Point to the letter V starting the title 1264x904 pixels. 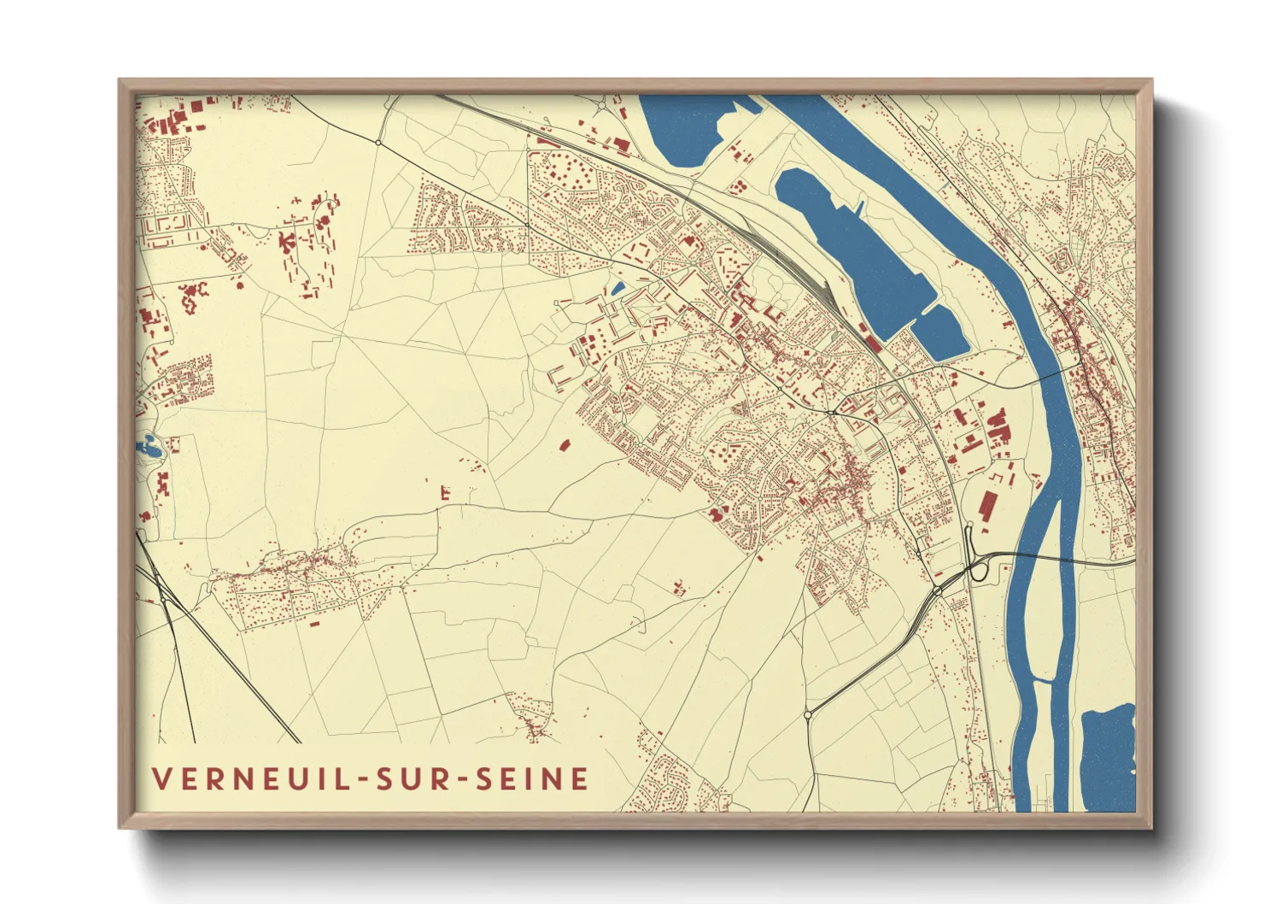(x=161, y=778)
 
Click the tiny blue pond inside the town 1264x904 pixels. (x=617, y=288)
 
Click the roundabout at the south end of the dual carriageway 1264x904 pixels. (x=808, y=714)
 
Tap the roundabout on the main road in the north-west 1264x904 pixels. (x=378, y=142)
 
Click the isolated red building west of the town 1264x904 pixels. (x=564, y=444)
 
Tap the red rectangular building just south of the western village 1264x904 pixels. (x=313, y=624)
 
